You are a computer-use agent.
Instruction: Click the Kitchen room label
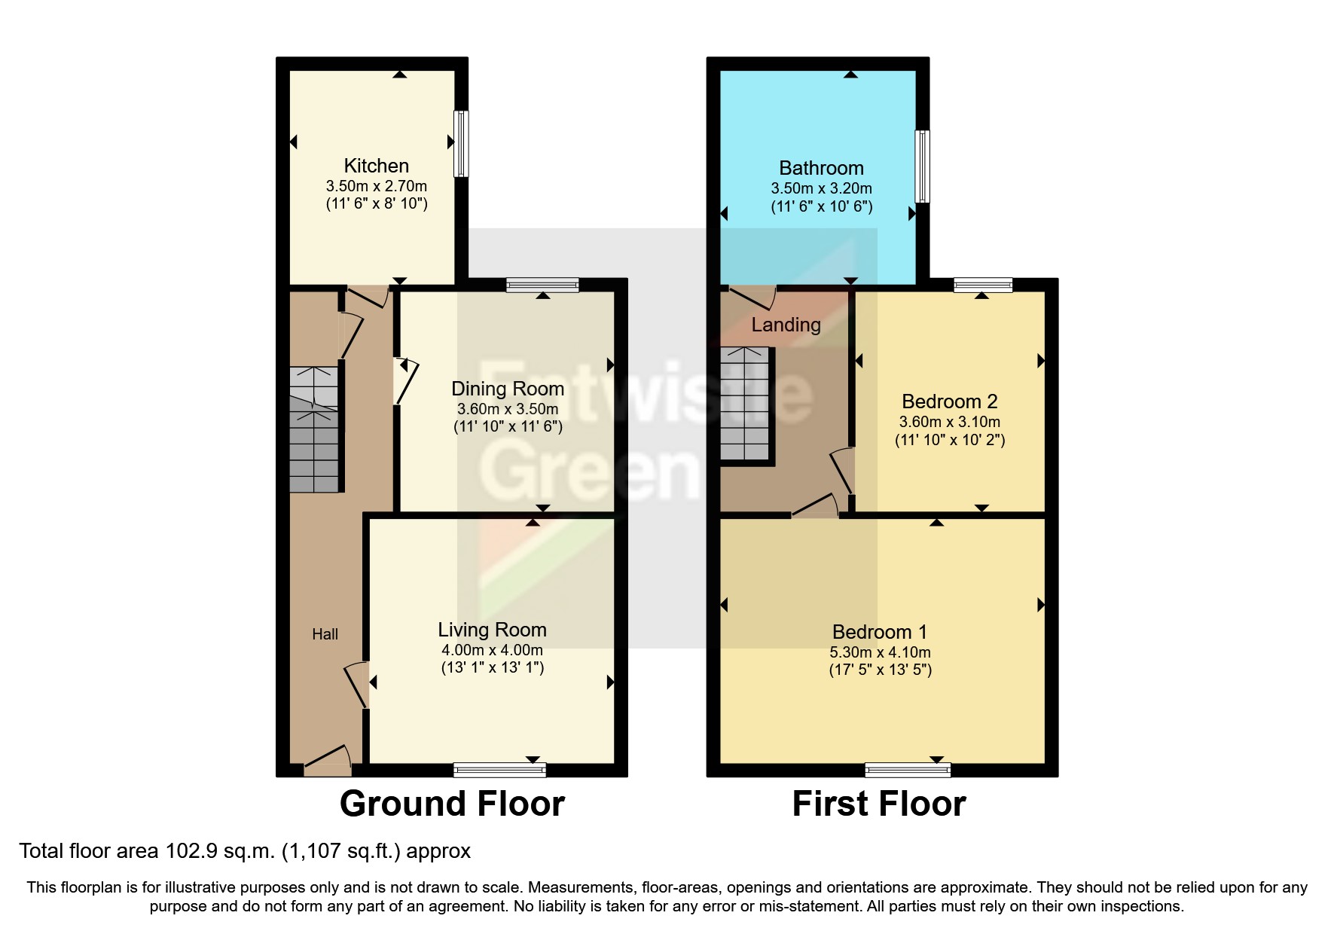point(376,166)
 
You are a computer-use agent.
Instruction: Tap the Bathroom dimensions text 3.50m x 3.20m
point(820,188)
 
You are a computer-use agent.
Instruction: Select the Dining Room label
point(507,389)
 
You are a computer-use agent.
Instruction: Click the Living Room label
point(492,630)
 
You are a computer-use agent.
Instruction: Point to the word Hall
point(325,634)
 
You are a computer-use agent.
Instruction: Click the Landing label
point(786,325)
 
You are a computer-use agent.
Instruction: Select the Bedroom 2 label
point(949,401)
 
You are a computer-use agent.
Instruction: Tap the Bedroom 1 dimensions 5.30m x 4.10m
point(880,652)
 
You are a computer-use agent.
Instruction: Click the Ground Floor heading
point(452,804)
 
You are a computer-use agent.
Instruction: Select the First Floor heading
point(878,804)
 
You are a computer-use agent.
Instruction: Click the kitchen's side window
point(461,144)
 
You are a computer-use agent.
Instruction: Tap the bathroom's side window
point(922,166)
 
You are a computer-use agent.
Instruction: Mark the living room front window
point(499,769)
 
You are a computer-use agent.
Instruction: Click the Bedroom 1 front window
point(908,769)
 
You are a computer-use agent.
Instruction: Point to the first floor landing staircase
point(746,404)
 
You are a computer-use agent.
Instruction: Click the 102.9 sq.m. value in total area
point(219,851)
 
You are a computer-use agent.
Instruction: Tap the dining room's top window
point(542,285)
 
